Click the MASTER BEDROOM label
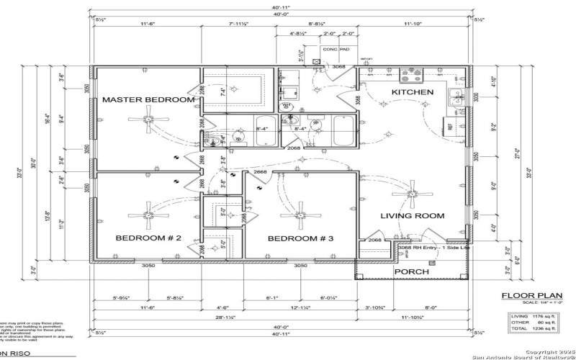[x=148, y=99]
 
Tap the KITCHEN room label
[x=412, y=92]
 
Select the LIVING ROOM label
[x=413, y=215]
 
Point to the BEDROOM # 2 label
[x=148, y=238]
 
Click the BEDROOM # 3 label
[x=301, y=238]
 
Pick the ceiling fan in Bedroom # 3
[x=301, y=213]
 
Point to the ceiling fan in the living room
[x=413, y=191]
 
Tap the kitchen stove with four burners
[x=412, y=74]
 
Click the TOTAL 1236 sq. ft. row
[x=533, y=328]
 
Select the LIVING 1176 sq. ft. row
[x=533, y=315]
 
